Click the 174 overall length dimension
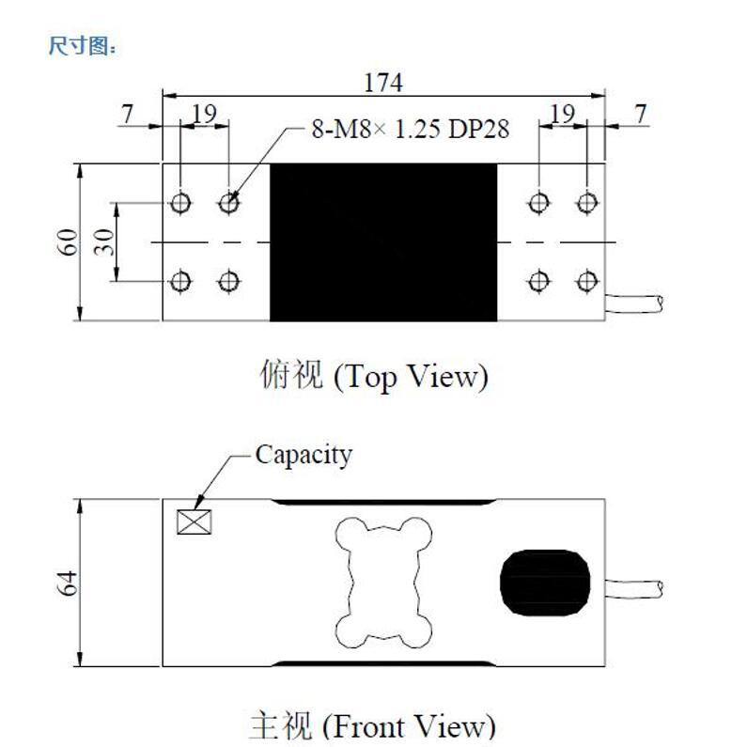click(x=383, y=83)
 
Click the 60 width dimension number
click(x=68, y=242)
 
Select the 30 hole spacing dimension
click(x=104, y=242)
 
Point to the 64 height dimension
click(x=68, y=583)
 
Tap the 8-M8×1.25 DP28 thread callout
click(x=411, y=129)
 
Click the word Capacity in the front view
click(x=303, y=456)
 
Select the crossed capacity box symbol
click(x=194, y=521)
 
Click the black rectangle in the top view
click(x=383, y=242)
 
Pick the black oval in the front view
click(x=546, y=583)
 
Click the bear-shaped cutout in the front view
click(x=384, y=583)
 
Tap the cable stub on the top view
click(x=634, y=303)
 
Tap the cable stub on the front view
click(x=634, y=589)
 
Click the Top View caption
click(x=374, y=377)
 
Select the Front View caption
click(x=372, y=725)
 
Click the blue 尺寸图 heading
click(x=82, y=46)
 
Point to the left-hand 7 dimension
click(x=127, y=115)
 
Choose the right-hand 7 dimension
click(x=641, y=115)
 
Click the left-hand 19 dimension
click(x=205, y=115)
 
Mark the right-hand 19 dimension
click(x=563, y=115)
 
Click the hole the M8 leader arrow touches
click(x=228, y=203)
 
